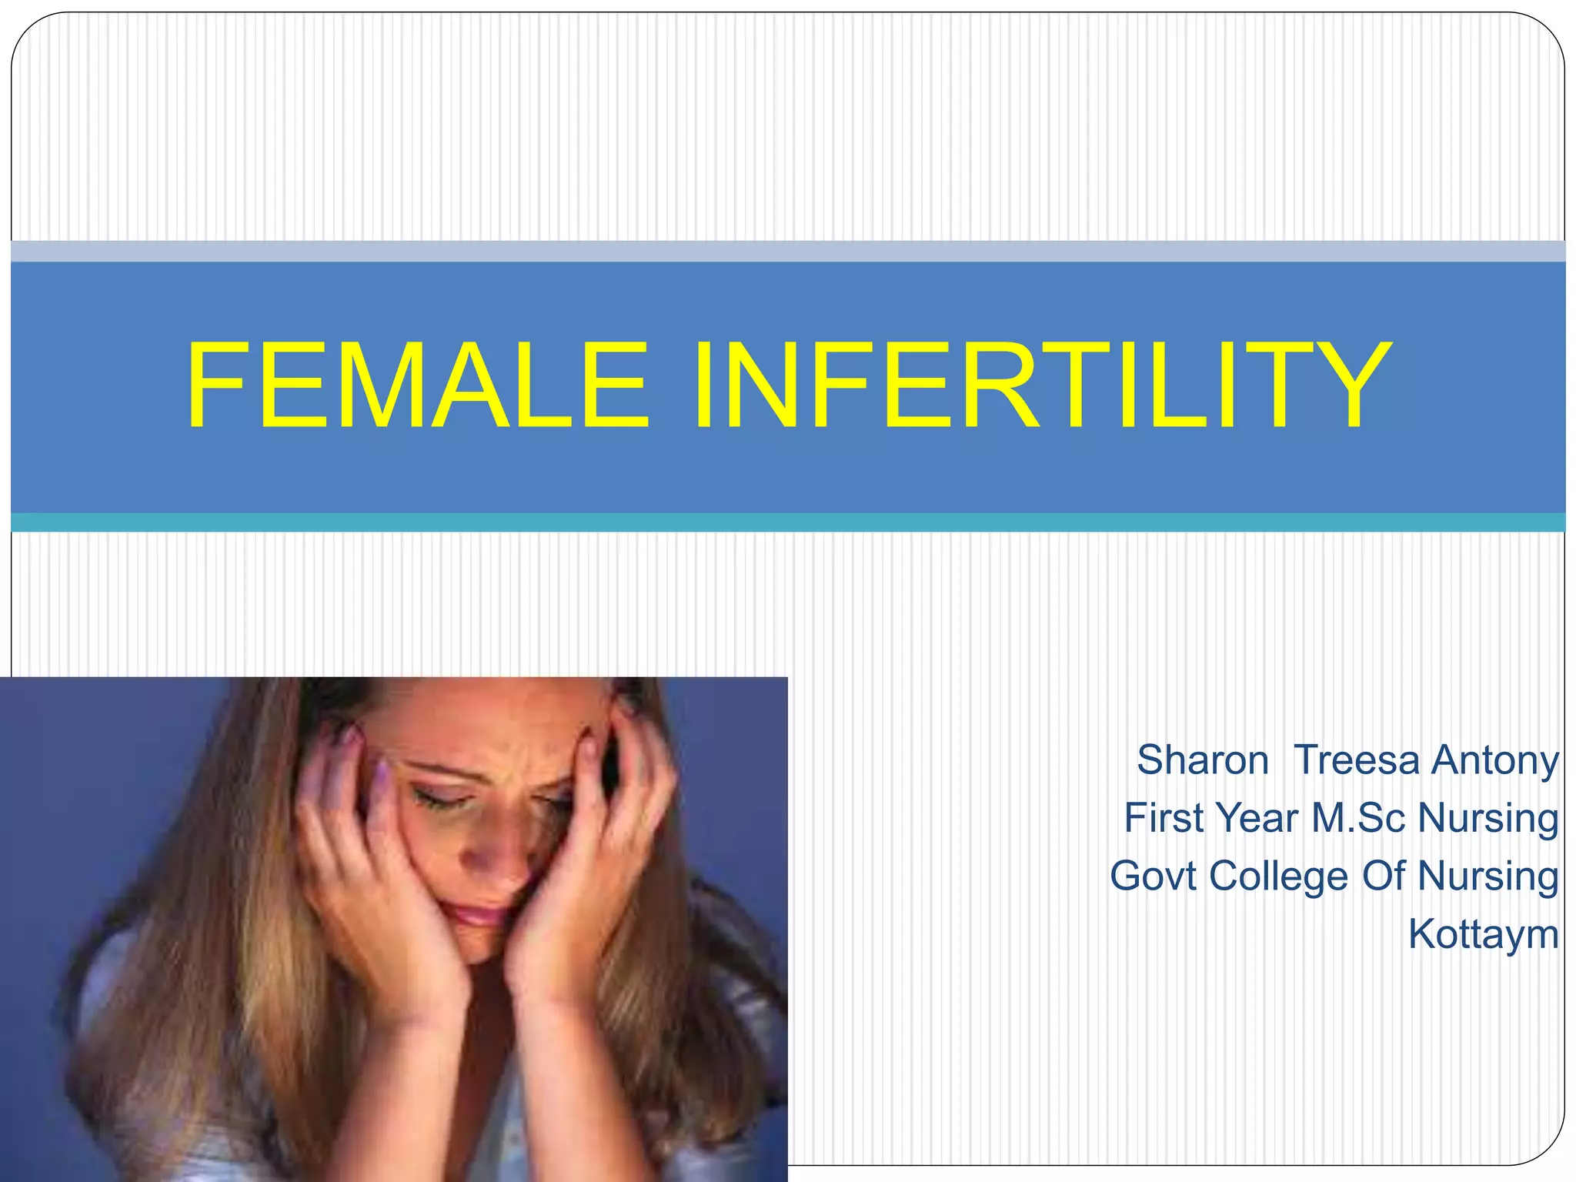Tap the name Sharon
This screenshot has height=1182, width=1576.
click(x=1202, y=760)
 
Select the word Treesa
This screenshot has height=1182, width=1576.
click(x=1357, y=760)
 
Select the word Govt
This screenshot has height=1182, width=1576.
click(x=1153, y=876)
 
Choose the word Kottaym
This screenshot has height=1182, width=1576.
click(x=1483, y=935)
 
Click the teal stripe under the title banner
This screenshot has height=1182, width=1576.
click(x=788, y=523)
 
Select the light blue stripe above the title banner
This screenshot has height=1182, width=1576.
click(x=788, y=251)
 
